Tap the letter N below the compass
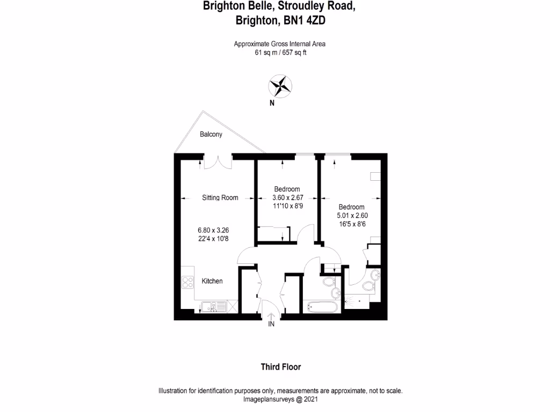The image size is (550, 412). pyautogui.click(x=272, y=104)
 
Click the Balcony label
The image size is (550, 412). pyautogui.click(x=211, y=134)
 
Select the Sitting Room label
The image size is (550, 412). pyautogui.click(x=220, y=198)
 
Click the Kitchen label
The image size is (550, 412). pyautogui.click(x=212, y=281)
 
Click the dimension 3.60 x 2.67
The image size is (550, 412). pyautogui.click(x=288, y=197)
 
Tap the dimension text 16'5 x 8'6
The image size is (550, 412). pyautogui.click(x=353, y=224)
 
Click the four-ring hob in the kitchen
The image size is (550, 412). pyautogui.click(x=187, y=282)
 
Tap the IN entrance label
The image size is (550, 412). pyautogui.click(x=271, y=324)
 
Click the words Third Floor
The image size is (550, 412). pyautogui.click(x=280, y=367)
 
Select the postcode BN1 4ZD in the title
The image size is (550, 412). pyautogui.click(x=303, y=20)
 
